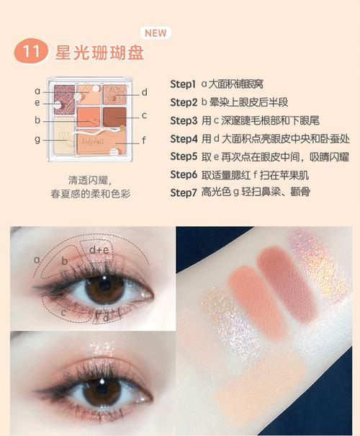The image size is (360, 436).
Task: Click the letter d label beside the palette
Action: [x=145, y=92]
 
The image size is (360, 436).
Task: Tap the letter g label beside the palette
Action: [x=37, y=138]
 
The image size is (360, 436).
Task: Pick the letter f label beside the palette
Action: [x=145, y=141]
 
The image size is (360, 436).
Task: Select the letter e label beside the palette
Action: [x=37, y=103]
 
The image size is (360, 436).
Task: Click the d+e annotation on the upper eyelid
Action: [x=99, y=249]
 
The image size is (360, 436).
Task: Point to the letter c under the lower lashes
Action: [x=63, y=312]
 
